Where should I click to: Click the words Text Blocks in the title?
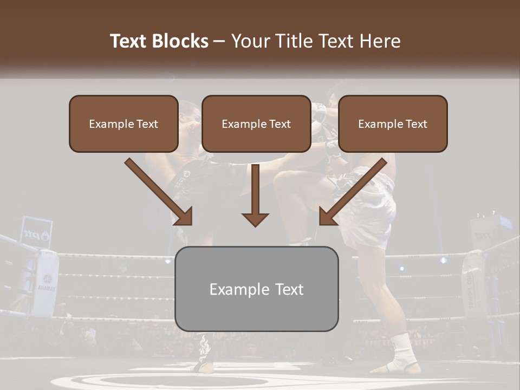point(159,41)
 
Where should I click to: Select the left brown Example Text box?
point(123,124)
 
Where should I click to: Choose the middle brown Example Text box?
point(256,124)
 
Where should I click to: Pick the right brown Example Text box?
point(393,124)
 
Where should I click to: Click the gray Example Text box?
point(256,289)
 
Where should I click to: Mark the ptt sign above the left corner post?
point(36,233)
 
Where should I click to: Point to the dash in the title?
point(219,42)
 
